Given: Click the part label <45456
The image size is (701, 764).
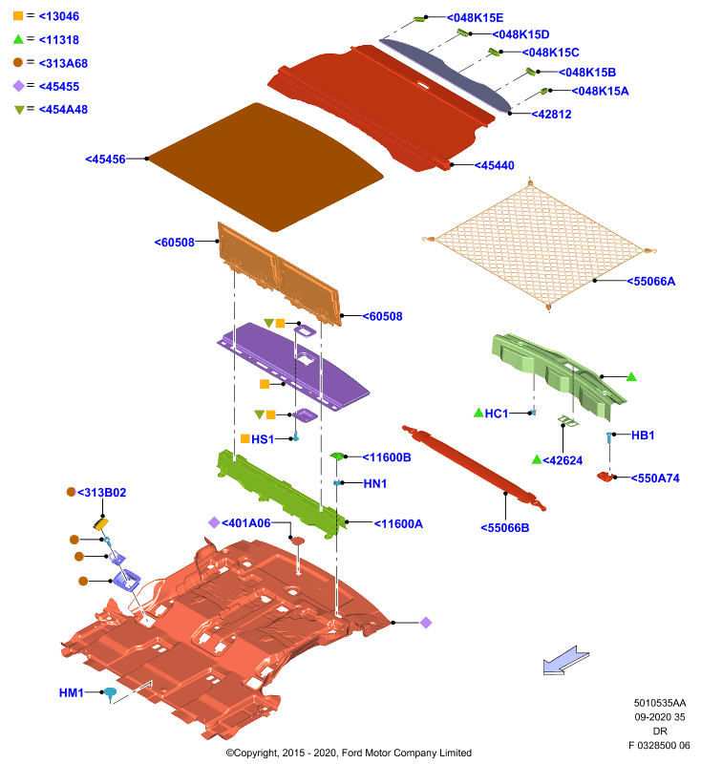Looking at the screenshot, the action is pyautogui.click(x=105, y=159).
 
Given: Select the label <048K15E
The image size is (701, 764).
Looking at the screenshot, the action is pyautogui.click(x=475, y=18).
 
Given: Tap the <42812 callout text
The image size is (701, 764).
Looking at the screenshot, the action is pyautogui.click(x=551, y=115).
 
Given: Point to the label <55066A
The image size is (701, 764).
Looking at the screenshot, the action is pyautogui.click(x=650, y=282).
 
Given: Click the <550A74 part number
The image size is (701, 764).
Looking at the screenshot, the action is pyautogui.click(x=655, y=478).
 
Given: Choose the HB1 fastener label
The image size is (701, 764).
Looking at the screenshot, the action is pyautogui.click(x=643, y=435).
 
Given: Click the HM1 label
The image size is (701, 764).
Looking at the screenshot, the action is pyautogui.click(x=71, y=693).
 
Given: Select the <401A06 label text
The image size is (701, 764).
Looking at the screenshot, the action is pyautogui.click(x=246, y=523).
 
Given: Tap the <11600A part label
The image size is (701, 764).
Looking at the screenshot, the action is pyautogui.click(x=398, y=524).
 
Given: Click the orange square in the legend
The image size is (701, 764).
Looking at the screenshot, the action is pyautogui.click(x=18, y=16).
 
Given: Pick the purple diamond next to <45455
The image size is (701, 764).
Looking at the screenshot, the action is pyautogui.click(x=18, y=86).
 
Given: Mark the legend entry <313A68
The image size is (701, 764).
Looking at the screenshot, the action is pyautogui.click(x=63, y=63).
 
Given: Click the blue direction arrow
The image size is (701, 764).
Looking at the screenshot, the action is pyautogui.click(x=565, y=660).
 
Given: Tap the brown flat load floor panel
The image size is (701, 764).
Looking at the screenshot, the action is pyautogui.click(x=266, y=167).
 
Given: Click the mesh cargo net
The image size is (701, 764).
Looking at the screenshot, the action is pyautogui.click(x=540, y=245).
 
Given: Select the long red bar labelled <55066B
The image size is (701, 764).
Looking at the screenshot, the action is pyautogui.click(x=474, y=468).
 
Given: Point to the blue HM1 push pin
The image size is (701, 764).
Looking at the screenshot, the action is pyautogui.click(x=110, y=693).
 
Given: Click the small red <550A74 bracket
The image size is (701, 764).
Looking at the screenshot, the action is pyautogui.click(x=605, y=477).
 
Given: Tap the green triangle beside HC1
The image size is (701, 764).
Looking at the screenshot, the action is pyautogui.click(x=478, y=414).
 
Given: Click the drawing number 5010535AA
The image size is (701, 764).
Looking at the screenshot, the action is pyautogui.click(x=660, y=703).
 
